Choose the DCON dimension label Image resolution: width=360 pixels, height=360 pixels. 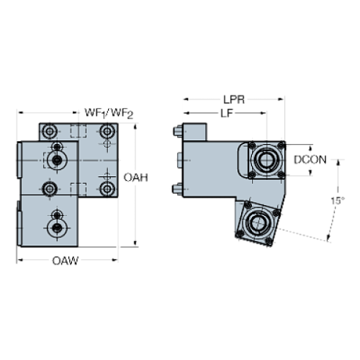pos(309,159)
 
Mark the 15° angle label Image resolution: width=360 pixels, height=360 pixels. pos(336,200)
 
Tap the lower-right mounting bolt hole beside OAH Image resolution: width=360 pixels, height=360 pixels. pos(108,190)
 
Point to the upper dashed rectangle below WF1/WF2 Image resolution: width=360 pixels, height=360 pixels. pos(78,132)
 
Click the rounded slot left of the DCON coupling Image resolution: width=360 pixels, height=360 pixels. pos(242,159)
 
